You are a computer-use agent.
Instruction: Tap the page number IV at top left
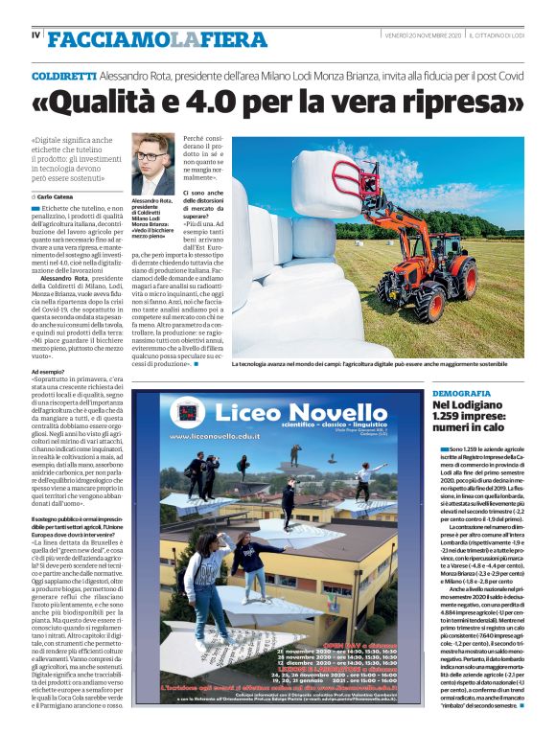point(35,36)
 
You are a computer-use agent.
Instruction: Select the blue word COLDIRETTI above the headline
point(63,74)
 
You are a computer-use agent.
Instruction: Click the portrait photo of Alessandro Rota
point(152,164)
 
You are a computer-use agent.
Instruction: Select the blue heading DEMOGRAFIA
point(460,394)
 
